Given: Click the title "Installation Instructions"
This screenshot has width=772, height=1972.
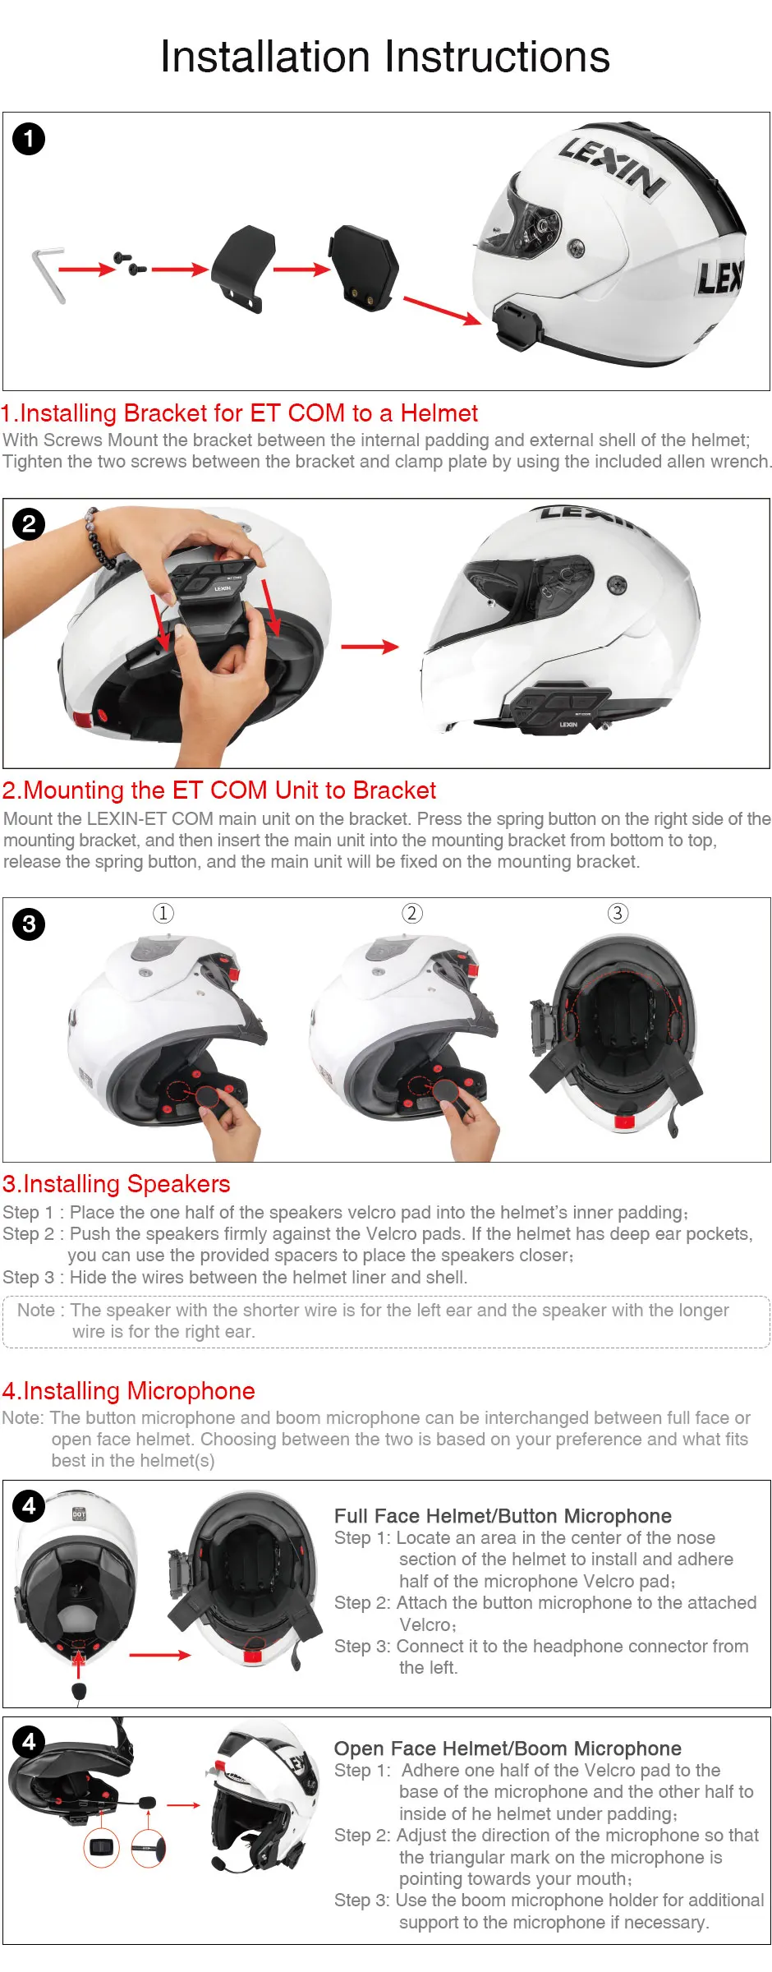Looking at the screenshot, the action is click(x=385, y=57).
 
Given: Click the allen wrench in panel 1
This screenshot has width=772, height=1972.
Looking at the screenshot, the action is click(x=48, y=274).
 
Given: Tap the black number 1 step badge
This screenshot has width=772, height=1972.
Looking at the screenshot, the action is click(x=29, y=139).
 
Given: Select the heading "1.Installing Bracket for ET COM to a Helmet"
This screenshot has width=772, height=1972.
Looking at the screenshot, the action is click(x=240, y=412).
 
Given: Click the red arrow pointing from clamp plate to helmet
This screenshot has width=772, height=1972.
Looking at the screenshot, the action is click(x=442, y=311).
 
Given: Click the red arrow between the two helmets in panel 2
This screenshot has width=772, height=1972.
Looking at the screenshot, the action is click(x=370, y=647).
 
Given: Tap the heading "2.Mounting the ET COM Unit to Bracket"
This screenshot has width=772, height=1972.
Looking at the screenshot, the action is click(x=219, y=790).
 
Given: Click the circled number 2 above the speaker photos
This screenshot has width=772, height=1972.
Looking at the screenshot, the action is click(x=411, y=913).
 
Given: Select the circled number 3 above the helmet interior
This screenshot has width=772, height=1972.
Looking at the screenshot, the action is click(x=618, y=913).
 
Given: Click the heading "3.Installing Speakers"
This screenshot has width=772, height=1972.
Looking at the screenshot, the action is click(x=117, y=1183).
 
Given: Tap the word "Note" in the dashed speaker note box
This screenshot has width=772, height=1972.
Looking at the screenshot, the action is click(x=36, y=1310).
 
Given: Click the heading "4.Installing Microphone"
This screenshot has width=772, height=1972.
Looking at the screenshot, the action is click(x=129, y=1390).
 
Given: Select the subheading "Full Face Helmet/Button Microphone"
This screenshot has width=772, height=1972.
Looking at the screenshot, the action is click(x=503, y=1516).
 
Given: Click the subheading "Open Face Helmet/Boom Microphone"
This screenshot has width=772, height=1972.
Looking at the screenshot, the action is click(x=508, y=1749).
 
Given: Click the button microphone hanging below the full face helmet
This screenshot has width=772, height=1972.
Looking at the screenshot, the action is click(x=79, y=1691).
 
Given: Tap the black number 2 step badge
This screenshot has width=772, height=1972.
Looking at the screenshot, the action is click(x=29, y=523).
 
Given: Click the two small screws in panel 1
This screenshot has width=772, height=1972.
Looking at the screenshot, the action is click(x=130, y=263).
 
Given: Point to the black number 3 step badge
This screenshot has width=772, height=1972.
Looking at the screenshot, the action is click(x=29, y=924).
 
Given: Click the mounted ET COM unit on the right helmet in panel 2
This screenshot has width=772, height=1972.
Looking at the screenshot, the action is click(x=562, y=707).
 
